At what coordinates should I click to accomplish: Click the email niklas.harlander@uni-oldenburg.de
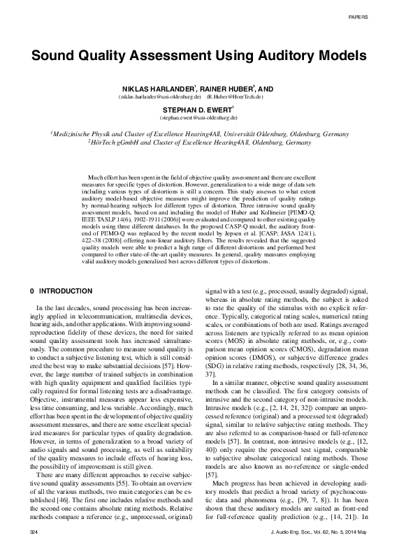click(x=145, y=98)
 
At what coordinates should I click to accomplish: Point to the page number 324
click(x=29, y=533)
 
